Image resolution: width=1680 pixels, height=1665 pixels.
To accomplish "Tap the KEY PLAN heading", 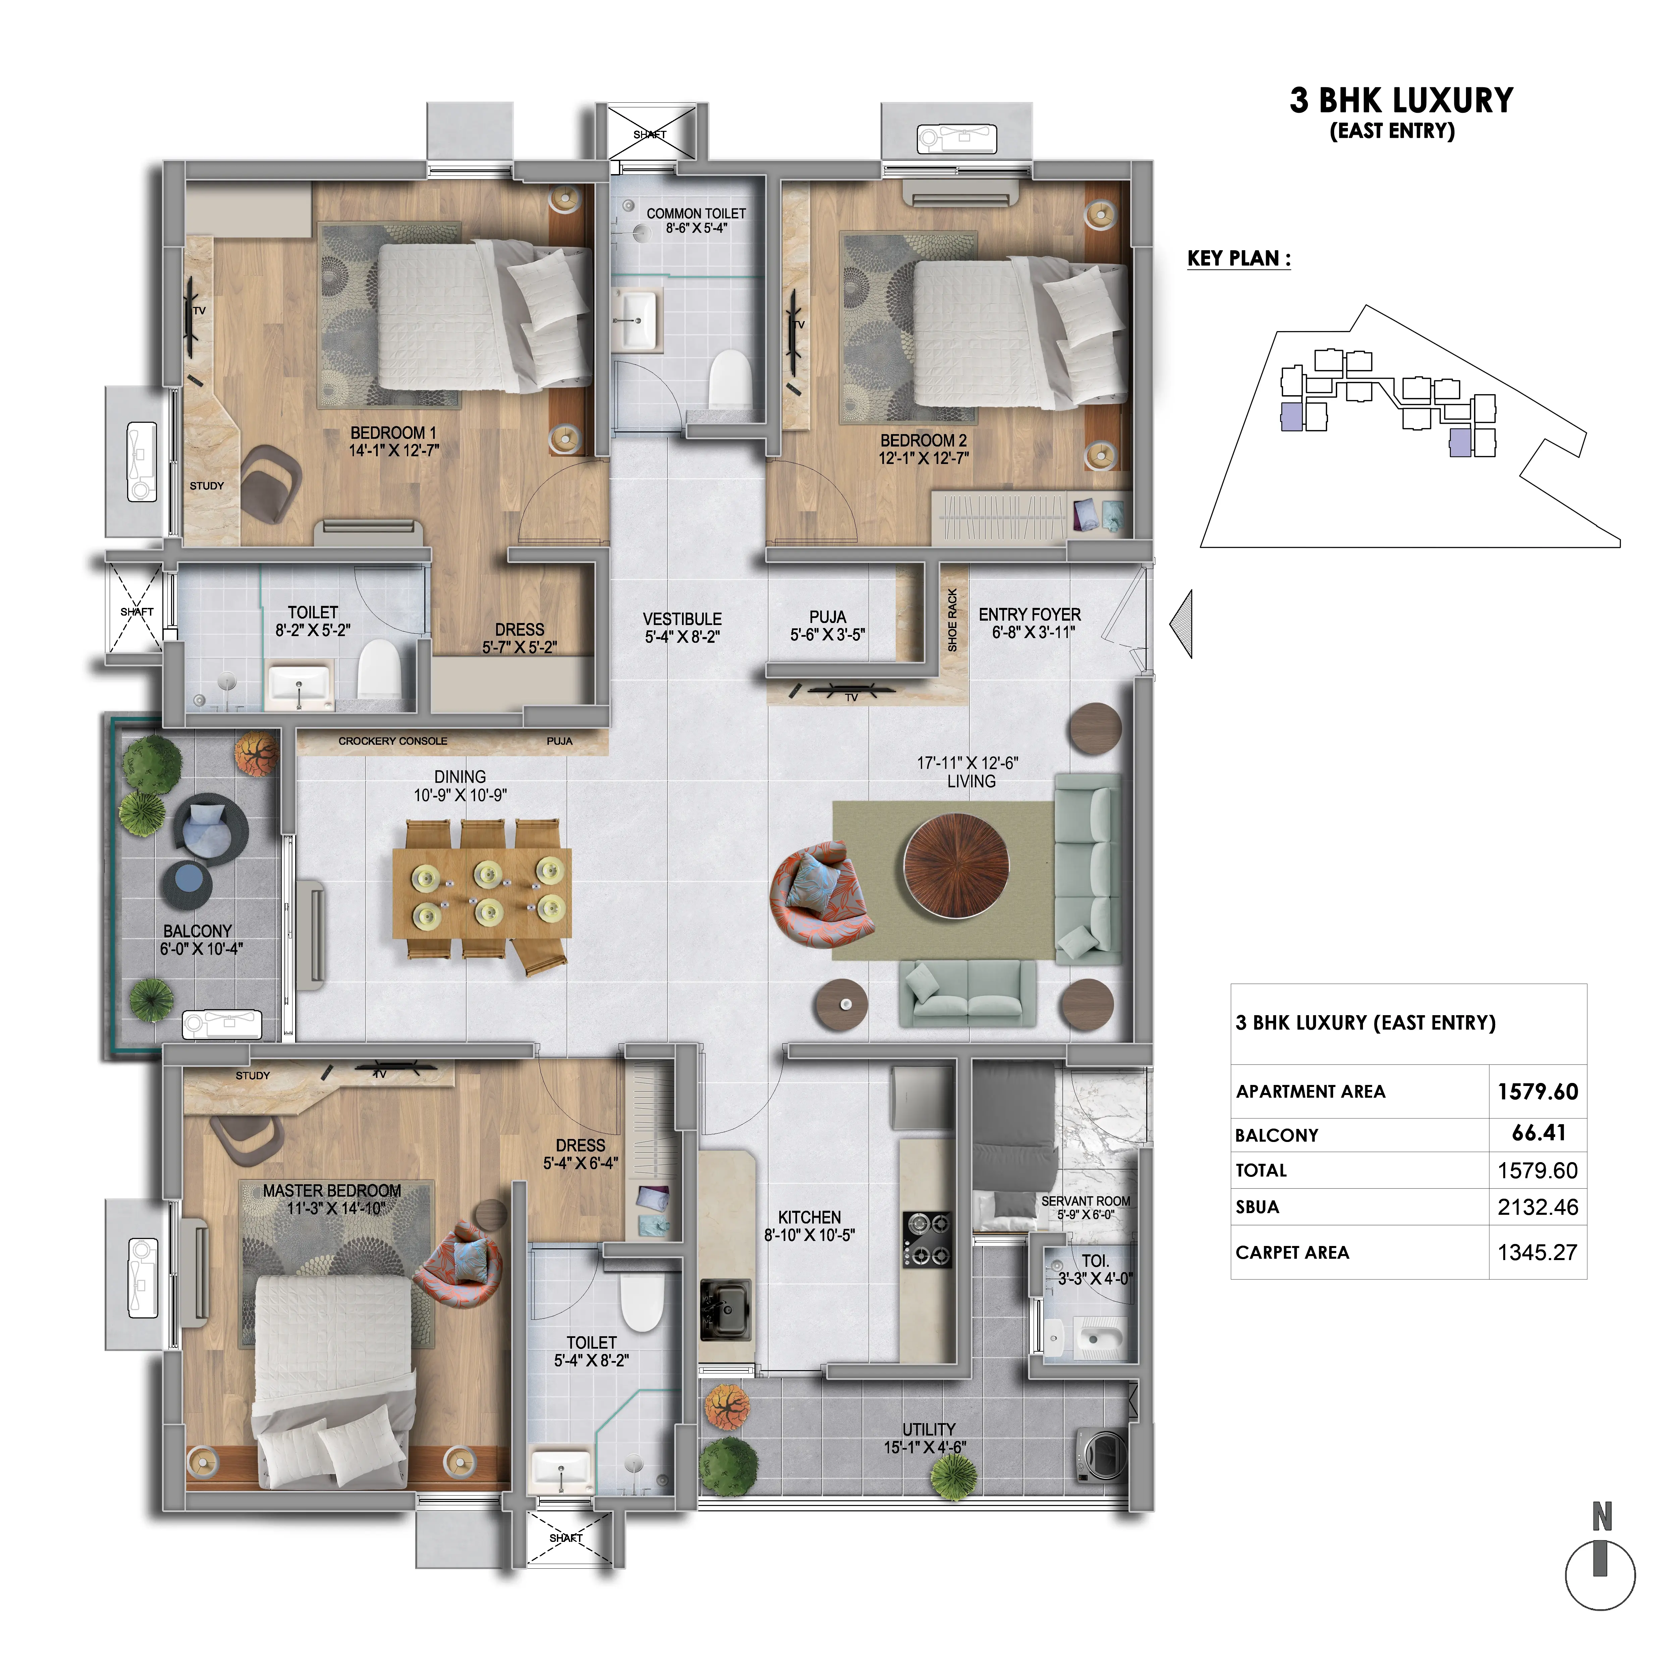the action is tap(1239, 258).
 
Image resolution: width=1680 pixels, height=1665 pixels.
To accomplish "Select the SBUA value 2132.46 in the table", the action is tap(1537, 1207).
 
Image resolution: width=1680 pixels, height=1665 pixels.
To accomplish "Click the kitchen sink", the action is tap(725, 1308).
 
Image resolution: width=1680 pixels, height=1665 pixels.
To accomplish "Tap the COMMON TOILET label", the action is tap(696, 213).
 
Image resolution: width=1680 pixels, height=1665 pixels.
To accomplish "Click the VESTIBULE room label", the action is tap(683, 619).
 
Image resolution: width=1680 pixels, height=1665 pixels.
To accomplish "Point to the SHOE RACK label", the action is tap(952, 620).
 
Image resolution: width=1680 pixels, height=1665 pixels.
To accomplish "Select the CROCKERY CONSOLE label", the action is tap(393, 741).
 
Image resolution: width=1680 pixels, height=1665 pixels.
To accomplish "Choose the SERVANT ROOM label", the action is tap(1086, 1201).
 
